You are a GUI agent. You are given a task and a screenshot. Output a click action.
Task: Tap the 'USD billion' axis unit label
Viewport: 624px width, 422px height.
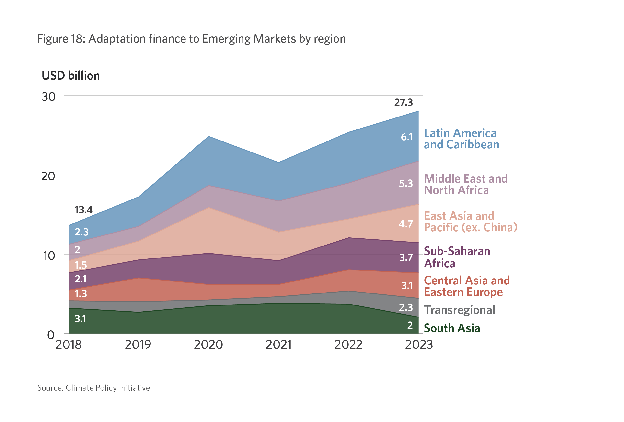pos(71,76)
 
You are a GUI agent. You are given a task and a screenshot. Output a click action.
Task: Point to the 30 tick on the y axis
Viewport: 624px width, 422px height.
pos(49,97)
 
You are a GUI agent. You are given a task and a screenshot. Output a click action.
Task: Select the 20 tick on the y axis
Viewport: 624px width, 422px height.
pos(48,176)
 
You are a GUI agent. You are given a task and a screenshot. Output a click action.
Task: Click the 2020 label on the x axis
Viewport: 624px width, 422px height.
pos(208,345)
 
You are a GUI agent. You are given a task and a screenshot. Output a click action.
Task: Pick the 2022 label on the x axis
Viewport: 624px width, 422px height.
pos(348,345)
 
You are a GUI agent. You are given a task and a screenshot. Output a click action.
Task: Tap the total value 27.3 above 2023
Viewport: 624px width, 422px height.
pos(403,102)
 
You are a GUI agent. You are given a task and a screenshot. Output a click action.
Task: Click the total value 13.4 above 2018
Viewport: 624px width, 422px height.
pos(83,210)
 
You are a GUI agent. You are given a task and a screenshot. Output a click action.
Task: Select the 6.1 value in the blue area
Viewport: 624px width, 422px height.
pos(406,137)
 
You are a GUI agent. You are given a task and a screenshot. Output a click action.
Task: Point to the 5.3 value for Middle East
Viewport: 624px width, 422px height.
pos(406,184)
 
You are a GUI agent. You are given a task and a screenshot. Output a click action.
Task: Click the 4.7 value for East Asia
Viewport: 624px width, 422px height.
pos(405,224)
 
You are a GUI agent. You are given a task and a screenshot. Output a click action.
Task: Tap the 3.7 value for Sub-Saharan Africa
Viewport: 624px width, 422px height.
pos(406,258)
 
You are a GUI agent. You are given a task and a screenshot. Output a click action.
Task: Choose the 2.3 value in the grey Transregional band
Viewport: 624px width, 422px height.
pos(406,307)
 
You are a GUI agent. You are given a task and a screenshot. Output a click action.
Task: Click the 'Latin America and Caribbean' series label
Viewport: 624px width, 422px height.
pos(461,139)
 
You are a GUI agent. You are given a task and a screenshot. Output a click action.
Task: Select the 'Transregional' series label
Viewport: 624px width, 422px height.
pos(459,310)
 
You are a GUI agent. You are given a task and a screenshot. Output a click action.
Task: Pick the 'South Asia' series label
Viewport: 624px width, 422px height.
pos(452,328)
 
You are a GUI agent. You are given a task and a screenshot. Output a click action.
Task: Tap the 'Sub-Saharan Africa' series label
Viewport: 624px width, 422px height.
pos(457,257)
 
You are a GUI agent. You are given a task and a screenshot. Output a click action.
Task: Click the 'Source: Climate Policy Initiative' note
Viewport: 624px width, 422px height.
pos(93,388)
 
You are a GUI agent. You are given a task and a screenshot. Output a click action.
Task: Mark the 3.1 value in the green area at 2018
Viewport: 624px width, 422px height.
pos(80,319)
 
